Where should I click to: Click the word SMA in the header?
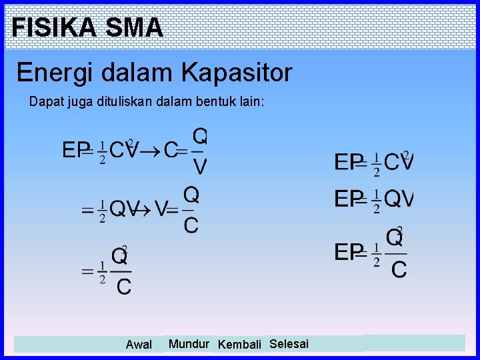point(134,27)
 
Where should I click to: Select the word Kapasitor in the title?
point(238,72)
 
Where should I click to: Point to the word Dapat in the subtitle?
point(44,102)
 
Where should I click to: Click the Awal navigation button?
point(139,345)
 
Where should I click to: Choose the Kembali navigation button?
point(239,345)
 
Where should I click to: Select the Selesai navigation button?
point(289,344)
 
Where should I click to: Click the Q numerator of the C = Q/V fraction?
point(199,136)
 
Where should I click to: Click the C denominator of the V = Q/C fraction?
point(191,225)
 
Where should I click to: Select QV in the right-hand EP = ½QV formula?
point(399,199)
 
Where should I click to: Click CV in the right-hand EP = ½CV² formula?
point(399,162)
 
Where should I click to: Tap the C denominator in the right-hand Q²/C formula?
point(399,269)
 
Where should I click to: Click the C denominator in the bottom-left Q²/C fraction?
point(123,287)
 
